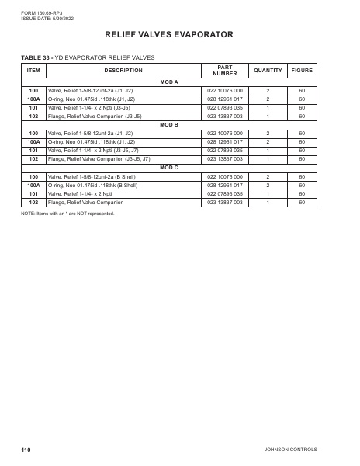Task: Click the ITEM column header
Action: tap(33, 71)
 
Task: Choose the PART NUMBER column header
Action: tap(224, 71)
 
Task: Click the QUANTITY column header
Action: tap(268, 71)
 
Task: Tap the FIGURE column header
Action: tap(302, 71)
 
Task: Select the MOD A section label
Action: tap(168, 82)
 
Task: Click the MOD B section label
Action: tap(168, 124)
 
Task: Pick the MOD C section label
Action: tap(168, 167)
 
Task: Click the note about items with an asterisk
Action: tap(67, 213)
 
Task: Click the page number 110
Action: tap(26, 450)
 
